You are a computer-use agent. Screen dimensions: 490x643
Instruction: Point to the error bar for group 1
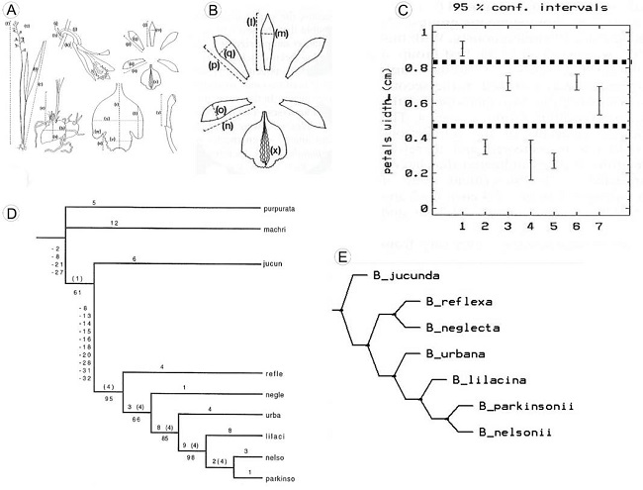pyautogui.click(x=462, y=48)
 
